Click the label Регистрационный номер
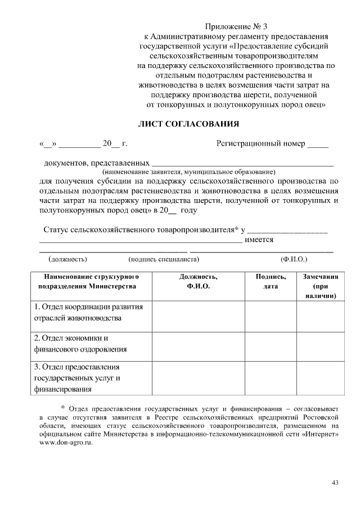pyautogui.click(x=261, y=143)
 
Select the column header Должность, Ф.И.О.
pyautogui.click(x=198, y=282)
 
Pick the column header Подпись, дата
pyautogui.click(x=271, y=282)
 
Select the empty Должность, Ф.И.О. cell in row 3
pyautogui.click(x=198, y=379)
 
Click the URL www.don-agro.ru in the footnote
pyautogui.click(x=65, y=443)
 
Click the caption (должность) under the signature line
pyautogui.click(x=67, y=259)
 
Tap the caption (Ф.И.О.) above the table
pyautogui.click(x=294, y=259)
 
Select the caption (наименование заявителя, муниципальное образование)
pyautogui.click(x=188, y=171)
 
